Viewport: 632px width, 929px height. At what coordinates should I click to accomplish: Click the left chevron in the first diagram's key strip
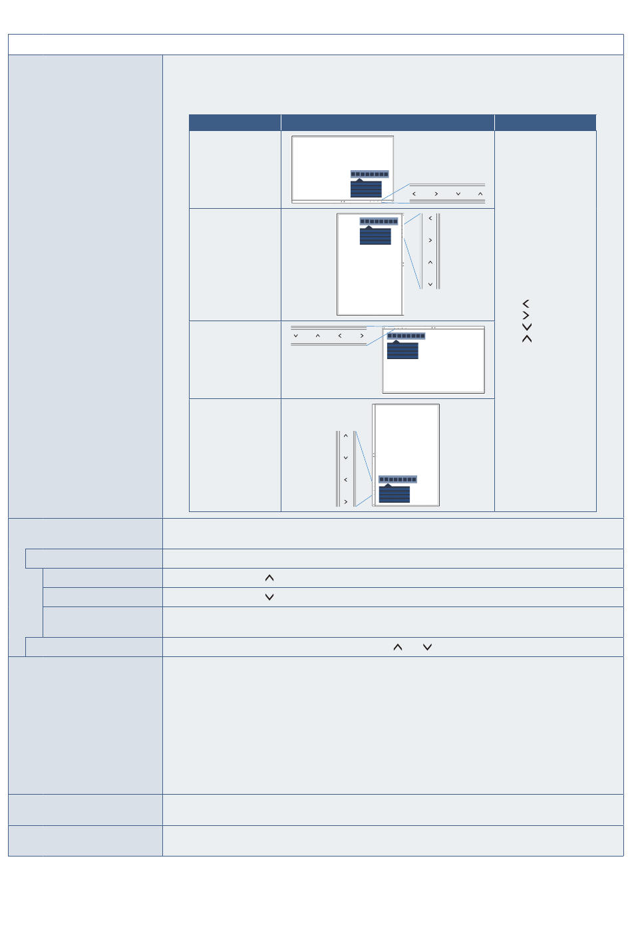414,194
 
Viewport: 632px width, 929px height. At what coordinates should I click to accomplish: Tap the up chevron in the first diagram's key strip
480,194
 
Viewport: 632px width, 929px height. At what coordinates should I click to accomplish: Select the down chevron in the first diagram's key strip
458,194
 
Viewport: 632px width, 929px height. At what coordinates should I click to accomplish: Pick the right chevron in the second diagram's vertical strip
430,240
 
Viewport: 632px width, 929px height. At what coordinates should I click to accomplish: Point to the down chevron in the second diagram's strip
430,284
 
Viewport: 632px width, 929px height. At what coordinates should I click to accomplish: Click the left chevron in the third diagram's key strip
340,336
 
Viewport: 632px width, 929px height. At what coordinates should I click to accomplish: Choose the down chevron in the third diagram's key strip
296,336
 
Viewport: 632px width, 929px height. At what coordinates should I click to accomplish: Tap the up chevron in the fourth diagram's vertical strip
346,436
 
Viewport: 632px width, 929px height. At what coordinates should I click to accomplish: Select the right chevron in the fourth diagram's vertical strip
346,501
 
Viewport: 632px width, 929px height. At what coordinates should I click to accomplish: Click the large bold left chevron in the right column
526,303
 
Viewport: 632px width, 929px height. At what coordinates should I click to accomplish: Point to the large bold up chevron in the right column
527,339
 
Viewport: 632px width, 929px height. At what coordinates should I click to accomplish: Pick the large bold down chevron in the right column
527,327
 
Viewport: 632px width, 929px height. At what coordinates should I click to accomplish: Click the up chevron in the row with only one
269,578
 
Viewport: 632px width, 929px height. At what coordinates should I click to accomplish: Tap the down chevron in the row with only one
269,597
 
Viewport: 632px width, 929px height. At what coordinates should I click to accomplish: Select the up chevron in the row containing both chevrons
398,647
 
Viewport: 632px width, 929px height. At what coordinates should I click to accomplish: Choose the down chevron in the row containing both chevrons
428,647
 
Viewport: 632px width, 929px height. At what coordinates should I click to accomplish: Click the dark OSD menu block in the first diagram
366,189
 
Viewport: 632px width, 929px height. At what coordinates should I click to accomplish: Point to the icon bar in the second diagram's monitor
379,221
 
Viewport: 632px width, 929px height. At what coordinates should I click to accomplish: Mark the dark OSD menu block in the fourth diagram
395,494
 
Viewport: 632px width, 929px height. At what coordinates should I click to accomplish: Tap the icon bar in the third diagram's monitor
406,336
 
